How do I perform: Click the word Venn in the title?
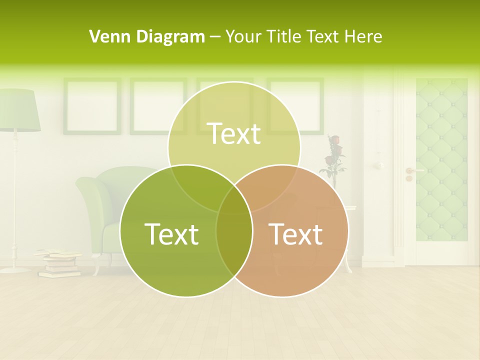[105, 36]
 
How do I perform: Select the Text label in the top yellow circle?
[234, 133]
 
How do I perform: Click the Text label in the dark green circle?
[171, 234]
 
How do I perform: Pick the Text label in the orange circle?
[295, 234]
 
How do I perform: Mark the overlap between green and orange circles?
[234, 235]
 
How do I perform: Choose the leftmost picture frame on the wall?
[92, 106]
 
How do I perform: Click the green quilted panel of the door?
[441, 160]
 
